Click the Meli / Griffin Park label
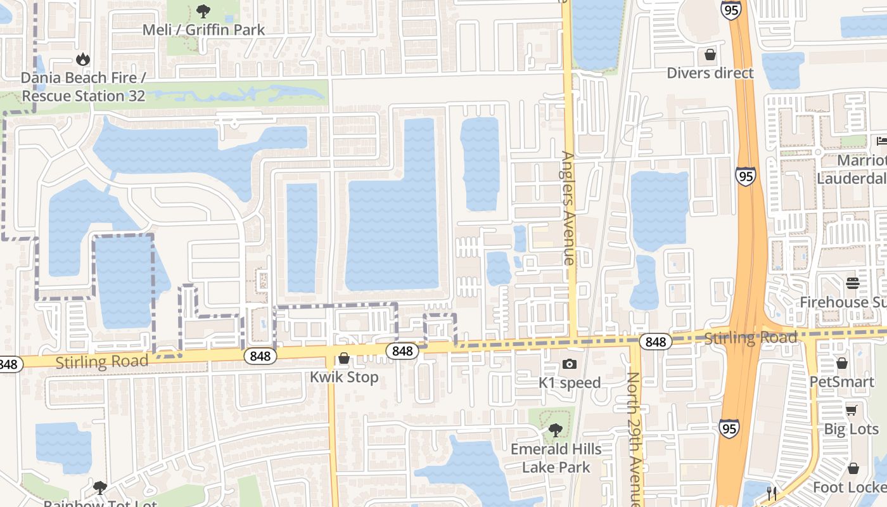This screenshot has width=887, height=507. tap(203, 30)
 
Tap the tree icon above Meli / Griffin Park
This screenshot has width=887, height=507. tap(203, 11)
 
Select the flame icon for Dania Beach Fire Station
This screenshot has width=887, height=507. tap(82, 59)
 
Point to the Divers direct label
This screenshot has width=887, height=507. tap(710, 73)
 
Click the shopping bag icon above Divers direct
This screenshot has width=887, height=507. tap(710, 55)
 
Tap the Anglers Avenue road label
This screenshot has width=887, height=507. tap(568, 207)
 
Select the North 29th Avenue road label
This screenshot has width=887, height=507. tap(634, 437)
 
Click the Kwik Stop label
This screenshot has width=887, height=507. tap(344, 377)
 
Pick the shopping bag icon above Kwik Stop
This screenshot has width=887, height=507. tap(344, 359)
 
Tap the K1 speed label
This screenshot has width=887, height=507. tap(570, 383)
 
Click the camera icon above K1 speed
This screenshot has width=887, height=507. tap(570, 364)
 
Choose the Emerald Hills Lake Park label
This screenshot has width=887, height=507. tap(556, 458)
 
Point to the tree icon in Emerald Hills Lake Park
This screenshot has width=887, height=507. tap(556, 430)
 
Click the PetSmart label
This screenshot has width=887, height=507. tap(841, 382)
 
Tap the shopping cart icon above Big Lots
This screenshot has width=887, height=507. tap(851, 410)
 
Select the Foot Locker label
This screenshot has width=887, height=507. tap(849, 487)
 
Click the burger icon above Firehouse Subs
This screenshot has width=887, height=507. tap(852, 283)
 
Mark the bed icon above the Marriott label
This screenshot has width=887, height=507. tap(881, 141)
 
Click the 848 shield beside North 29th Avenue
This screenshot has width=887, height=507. tap(656, 342)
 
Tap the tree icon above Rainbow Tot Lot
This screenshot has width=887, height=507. tap(99, 487)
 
